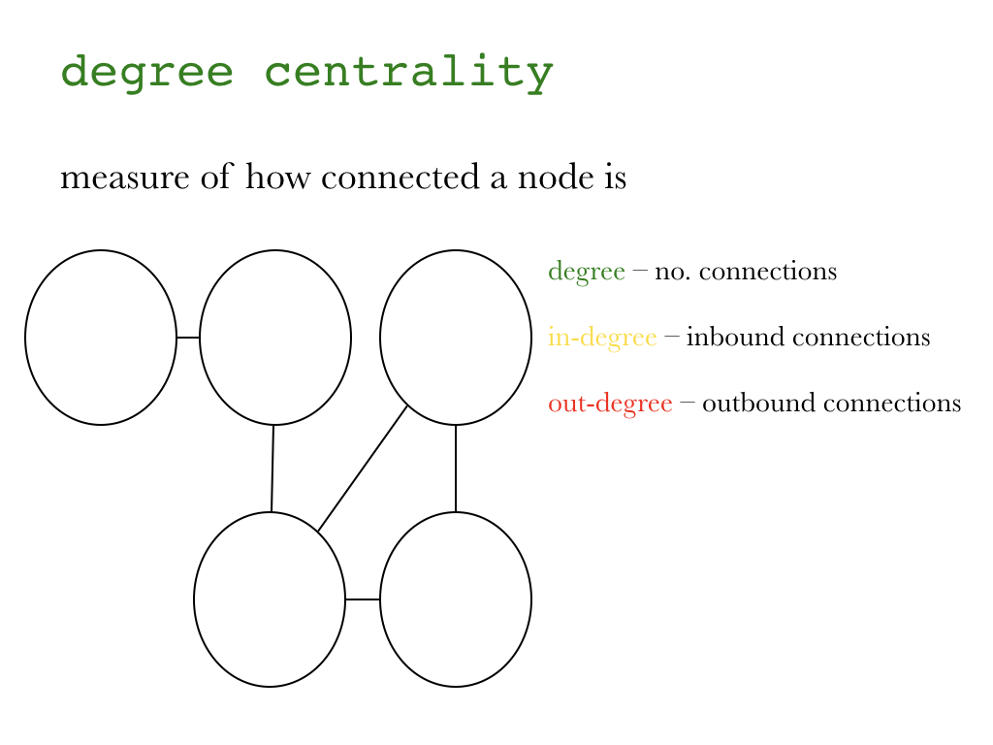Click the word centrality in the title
click(408, 73)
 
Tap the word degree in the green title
click(146, 73)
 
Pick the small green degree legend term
click(586, 272)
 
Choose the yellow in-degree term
click(601, 338)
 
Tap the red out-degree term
click(609, 404)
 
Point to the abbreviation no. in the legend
click(672, 272)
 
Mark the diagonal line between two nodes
click(363, 468)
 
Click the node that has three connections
click(270, 599)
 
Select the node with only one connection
click(101, 338)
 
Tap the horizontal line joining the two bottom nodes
click(363, 599)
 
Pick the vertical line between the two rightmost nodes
click(456, 468)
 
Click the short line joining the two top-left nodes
click(188, 338)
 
